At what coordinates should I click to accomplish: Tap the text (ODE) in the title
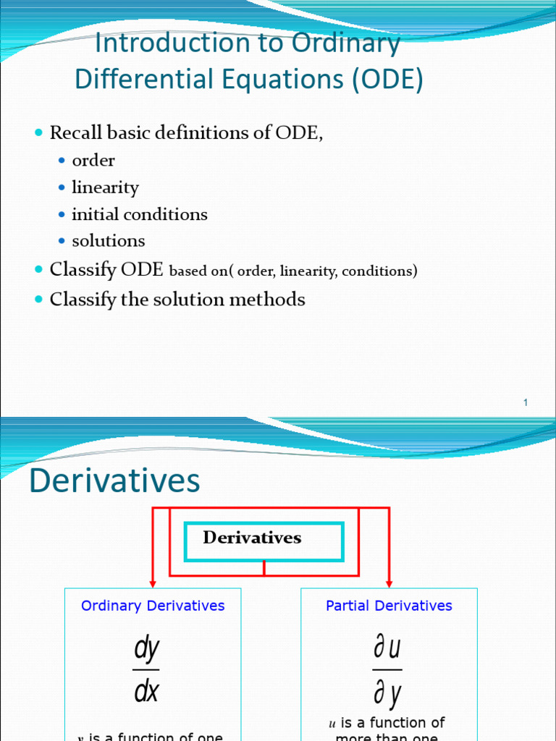tap(388, 80)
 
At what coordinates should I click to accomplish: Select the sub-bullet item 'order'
tap(93, 161)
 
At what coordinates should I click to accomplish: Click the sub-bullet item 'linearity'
tap(105, 187)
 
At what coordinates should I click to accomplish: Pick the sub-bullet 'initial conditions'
tap(139, 214)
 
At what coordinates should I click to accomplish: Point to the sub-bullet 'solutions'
tap(108, 241)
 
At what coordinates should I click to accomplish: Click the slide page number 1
tap(526, 402)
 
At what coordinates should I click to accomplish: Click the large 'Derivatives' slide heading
tap(114, 481)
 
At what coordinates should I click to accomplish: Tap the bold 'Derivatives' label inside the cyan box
tap(252, 538)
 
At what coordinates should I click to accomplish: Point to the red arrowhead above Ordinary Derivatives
tap(153, 583)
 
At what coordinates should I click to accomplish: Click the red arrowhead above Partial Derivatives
tap(389, 583)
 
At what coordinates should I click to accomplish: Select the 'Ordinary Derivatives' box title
tap(153, 606)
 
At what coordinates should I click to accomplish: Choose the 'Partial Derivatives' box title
tap(389, 606)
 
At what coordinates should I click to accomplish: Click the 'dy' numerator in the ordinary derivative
tap(146, 649)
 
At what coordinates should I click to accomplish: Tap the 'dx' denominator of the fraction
tap(146, 692)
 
